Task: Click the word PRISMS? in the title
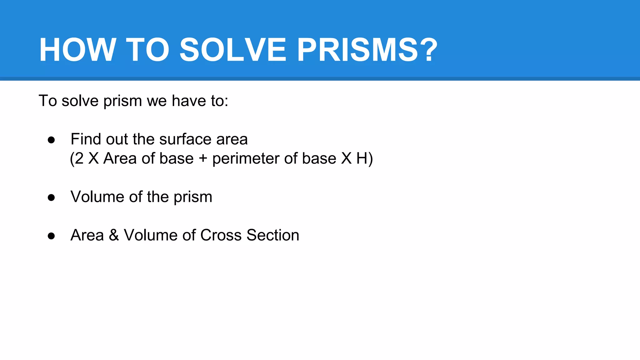tap(367, 50)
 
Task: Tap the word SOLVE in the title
tap(233, 50)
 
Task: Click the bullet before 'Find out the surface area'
tap(51, 140)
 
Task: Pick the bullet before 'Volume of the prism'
tap(51, 197)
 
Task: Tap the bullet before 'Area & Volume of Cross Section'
tap(51, 236)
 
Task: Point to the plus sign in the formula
tap(203, 158)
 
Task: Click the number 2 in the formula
tap(79, 158)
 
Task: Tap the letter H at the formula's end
tap(362, 158)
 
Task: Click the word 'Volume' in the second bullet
tap(97, 197)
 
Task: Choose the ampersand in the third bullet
tap(114, 235)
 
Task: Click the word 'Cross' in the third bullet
tap(221, 235)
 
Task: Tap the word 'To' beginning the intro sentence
tap(48, 101)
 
